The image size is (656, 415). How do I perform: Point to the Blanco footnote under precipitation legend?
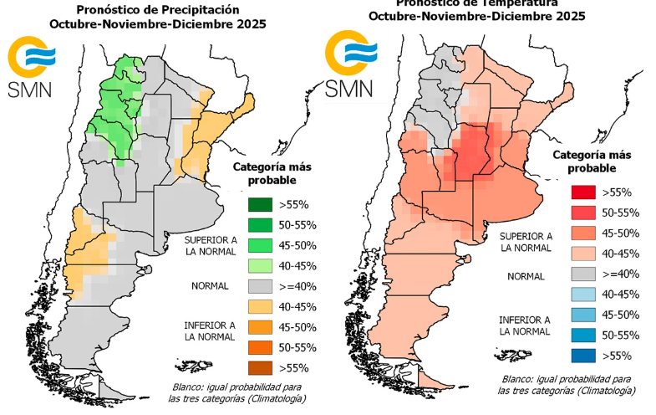[188, 387]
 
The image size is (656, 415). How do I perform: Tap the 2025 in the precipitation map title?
[251, 24]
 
